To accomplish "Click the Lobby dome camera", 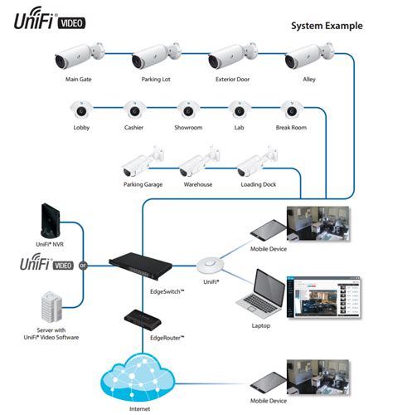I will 80,110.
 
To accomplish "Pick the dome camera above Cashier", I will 133,110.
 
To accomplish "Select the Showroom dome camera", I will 187,110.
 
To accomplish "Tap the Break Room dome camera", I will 290,110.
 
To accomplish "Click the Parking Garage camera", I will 138,165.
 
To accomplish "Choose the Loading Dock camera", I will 254,165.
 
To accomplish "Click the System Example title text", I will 326,27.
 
